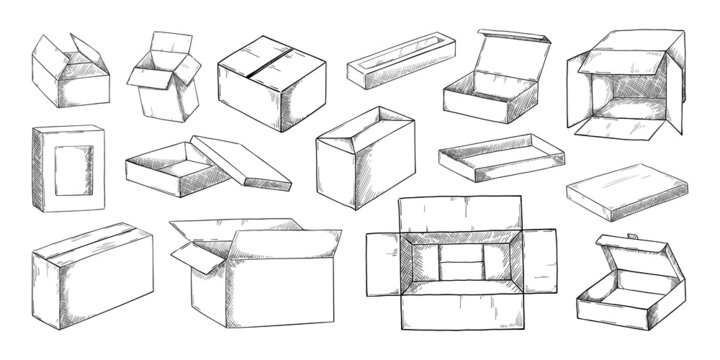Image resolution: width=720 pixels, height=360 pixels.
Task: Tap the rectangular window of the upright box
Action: (x=73, y=170)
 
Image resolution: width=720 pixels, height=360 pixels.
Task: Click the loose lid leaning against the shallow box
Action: (x=241, y=162)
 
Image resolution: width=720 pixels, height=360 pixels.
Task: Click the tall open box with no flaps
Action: (x=364, y=160)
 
